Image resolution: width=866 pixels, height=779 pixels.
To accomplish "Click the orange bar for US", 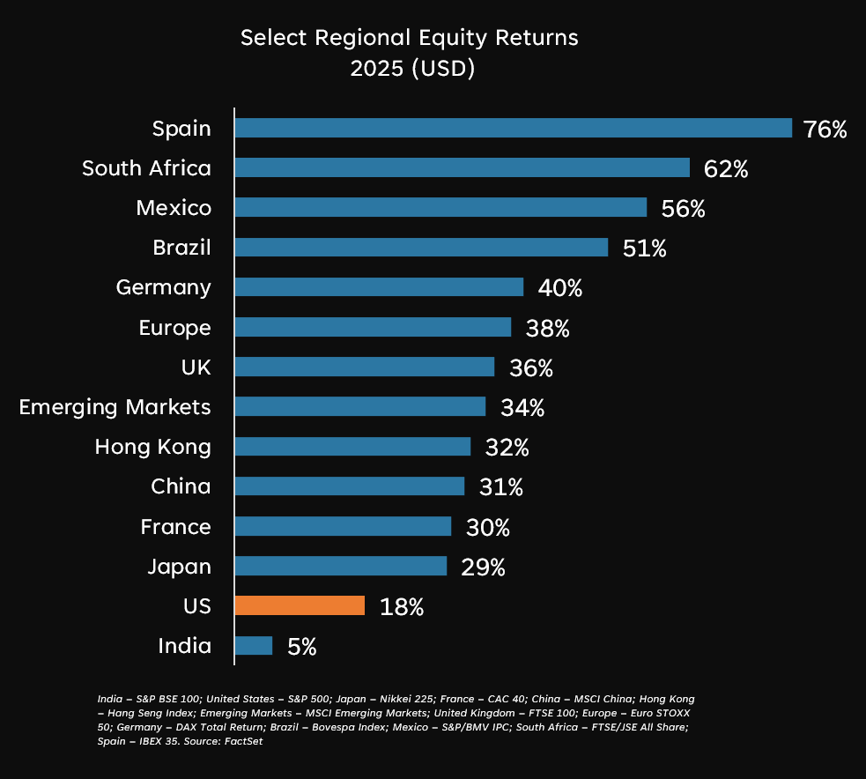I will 300,605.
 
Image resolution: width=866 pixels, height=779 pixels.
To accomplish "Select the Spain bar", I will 513,128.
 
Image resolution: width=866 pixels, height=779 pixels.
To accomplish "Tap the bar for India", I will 254,646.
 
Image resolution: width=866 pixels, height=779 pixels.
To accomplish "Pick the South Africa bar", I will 462,167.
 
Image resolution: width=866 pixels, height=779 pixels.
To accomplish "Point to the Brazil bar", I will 421,247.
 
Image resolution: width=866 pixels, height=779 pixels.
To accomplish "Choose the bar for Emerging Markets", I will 359,406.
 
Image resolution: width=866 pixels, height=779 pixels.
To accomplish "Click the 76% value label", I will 825,130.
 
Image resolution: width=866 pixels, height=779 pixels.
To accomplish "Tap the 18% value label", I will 402,607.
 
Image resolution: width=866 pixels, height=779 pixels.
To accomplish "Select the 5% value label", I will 301,647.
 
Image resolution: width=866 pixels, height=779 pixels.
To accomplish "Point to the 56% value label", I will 684,209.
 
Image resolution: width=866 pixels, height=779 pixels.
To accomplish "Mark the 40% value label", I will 560,288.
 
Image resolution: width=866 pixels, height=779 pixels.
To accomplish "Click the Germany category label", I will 164,287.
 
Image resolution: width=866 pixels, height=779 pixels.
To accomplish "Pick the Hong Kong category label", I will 153,447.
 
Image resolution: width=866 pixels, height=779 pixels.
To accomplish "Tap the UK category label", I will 196,367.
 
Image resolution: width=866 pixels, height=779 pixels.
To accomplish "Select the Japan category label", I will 180,566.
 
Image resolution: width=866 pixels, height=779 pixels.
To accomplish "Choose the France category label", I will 176,526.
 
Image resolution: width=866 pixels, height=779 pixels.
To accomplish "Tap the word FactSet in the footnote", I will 247,741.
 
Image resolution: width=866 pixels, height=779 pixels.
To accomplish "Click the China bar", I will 349,486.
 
